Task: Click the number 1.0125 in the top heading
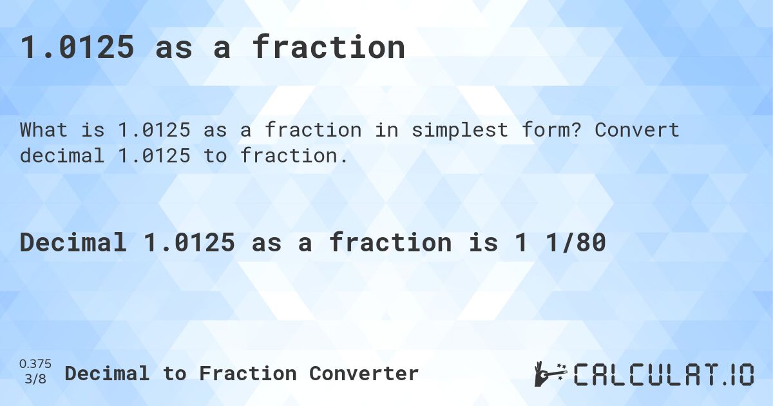coord(77,48)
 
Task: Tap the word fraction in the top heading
coord(329,48)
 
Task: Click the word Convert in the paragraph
coord(636,130)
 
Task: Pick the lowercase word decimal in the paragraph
coord(62,155)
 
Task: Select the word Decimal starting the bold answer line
coord(73,242)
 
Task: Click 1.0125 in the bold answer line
coord(189,242)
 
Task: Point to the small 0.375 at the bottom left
coord(35,364)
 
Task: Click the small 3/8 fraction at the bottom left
coord(35,379)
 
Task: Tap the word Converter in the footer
coord(364,373)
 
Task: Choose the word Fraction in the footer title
coord(248,373)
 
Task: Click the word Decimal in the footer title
coord(107,373)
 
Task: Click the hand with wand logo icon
coord(550,373)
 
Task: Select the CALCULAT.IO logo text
coord(663,374)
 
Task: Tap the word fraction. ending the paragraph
coord(294,155)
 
